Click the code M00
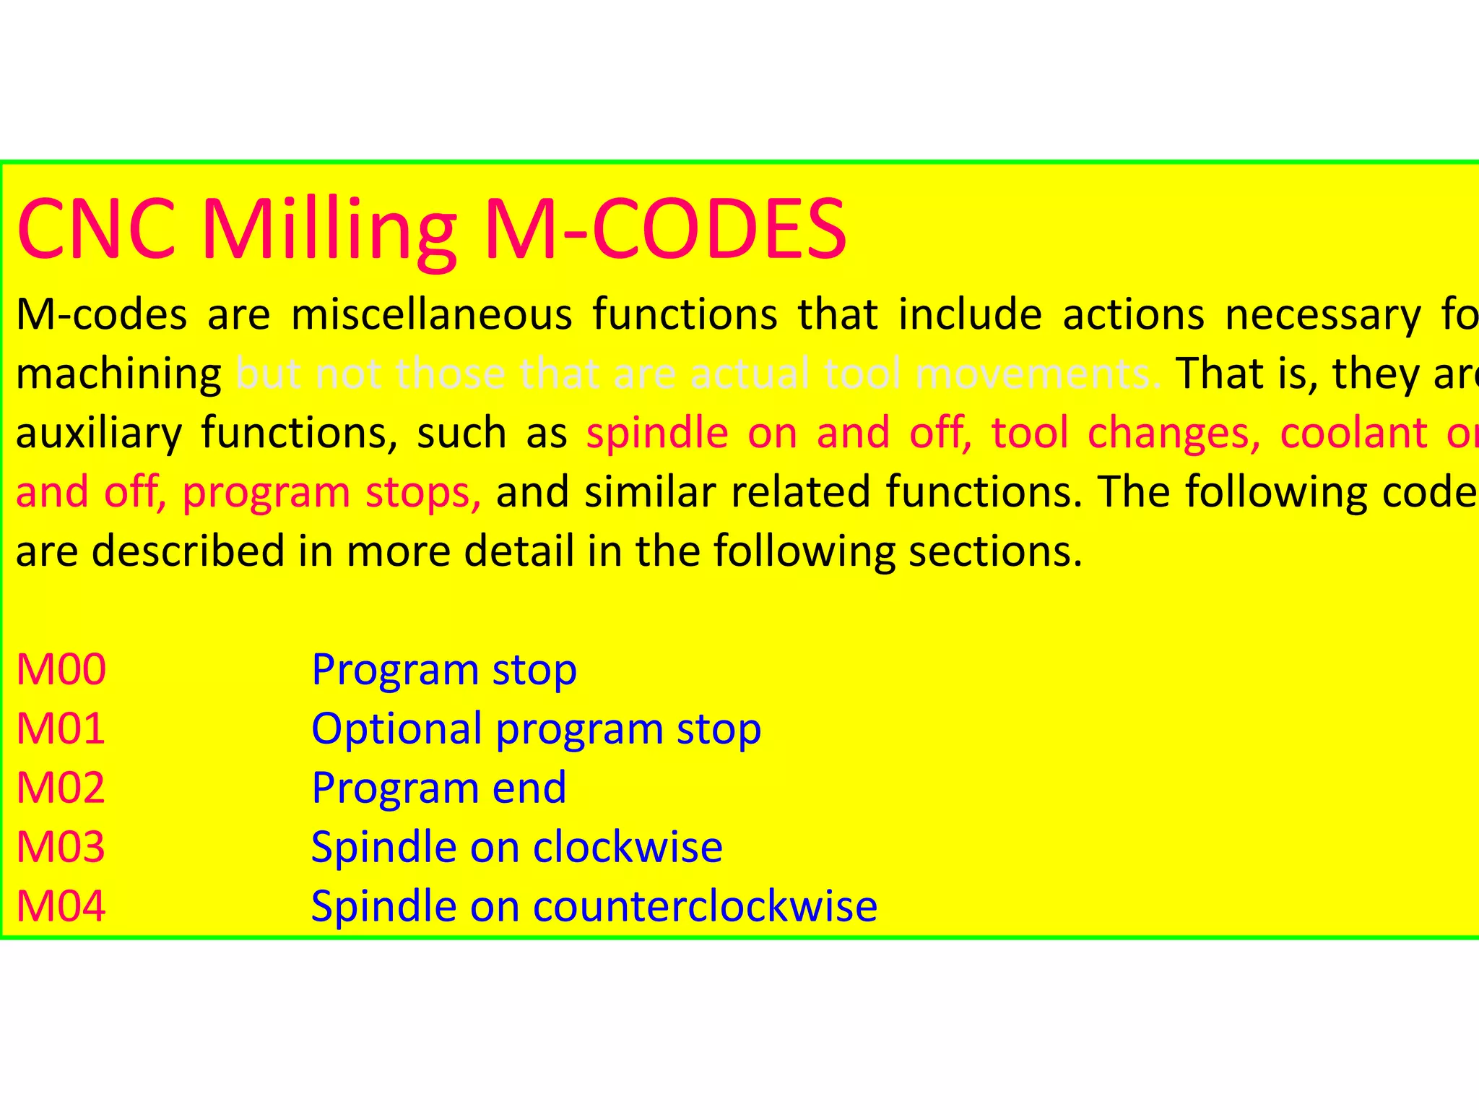[x=61, y=670]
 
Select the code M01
[x=61, y=729]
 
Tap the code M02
[x=61, y=788]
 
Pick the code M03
[x=61, y=848]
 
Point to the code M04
[x=61, y=907]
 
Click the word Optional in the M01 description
[x=396, y=729]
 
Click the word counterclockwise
[x=705, y=907]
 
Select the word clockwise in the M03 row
[x=628, y=848]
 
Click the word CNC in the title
[x=97, y=230]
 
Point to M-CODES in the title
[x=665, y=230]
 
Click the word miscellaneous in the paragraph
[x=431, y=315]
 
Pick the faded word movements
[x=1038, y=374]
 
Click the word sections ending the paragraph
[x=995, y=552]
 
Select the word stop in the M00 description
[x=534, y=670]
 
